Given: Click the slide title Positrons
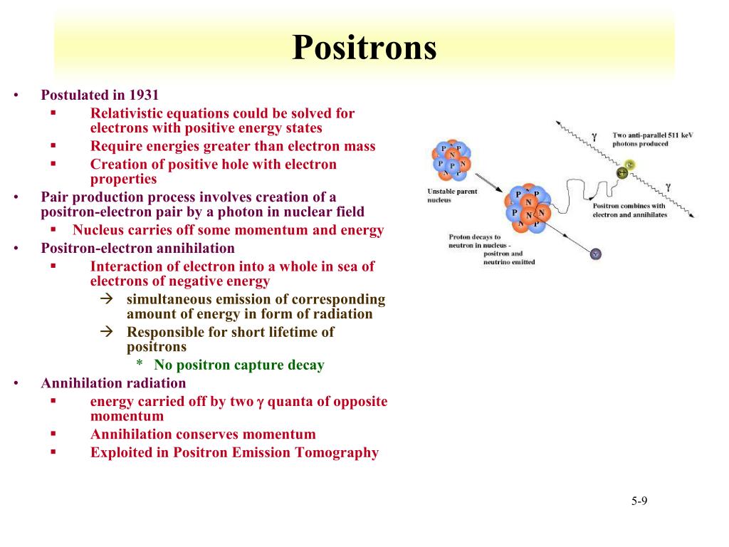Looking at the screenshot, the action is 364,48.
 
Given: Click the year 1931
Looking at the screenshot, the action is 144,95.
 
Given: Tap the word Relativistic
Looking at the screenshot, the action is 126,113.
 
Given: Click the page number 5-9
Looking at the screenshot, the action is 639,501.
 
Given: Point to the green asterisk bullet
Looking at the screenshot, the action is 139,364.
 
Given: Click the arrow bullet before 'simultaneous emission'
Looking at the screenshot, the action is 107,298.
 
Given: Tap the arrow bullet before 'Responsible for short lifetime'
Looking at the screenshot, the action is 107,331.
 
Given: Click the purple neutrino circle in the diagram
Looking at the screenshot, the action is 596,254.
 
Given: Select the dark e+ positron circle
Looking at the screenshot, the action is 622,173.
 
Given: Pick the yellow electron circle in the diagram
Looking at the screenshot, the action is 629,165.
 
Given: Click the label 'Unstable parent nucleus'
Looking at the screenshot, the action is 452,195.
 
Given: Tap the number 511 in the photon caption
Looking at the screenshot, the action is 673,135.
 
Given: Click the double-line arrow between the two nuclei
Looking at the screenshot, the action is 488,183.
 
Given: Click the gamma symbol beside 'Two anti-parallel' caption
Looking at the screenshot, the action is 594,136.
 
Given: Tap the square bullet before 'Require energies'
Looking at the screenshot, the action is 53,145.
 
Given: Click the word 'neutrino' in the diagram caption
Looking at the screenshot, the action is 497,262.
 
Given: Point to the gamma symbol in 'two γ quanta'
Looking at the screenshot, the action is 260,402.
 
